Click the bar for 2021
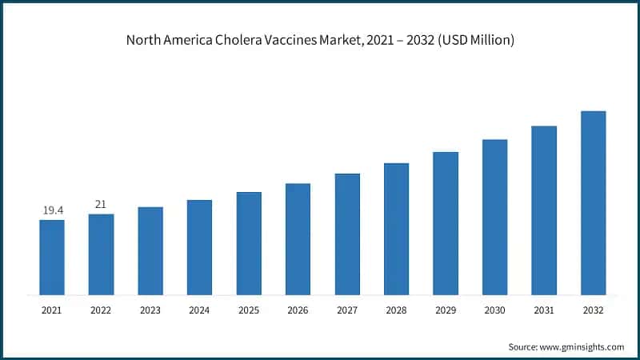52,257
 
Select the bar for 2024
199,247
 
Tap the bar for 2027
347,234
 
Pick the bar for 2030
494,217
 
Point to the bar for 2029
446,223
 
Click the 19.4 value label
53,210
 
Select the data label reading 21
101,204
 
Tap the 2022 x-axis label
101,309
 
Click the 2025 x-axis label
249,309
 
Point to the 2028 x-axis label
396,309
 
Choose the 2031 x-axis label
544,309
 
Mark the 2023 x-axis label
150,309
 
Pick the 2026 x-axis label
298,309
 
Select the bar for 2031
544,210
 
